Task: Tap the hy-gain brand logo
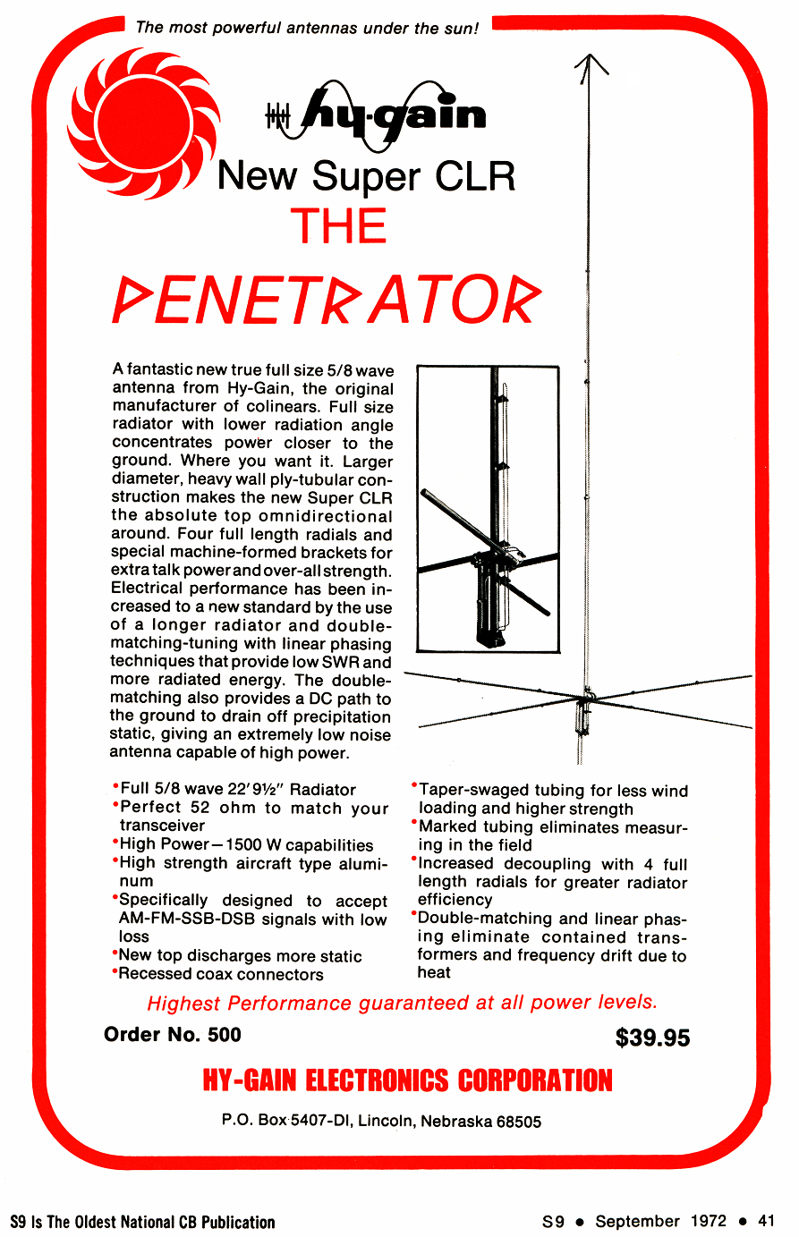(x=376, y=114)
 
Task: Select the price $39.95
(x=652, y=1038)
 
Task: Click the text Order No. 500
(x=173, y=1035)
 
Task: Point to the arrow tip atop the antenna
(x=590, y=60)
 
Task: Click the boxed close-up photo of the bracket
(x=488, y=508)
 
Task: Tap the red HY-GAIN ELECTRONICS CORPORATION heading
(x=407, y=1080)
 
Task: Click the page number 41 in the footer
(x=766, y=1221)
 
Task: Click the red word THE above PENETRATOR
(x=338, y=226)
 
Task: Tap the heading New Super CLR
(x=366, y=175)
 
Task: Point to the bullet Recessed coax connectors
(x=220, y=974)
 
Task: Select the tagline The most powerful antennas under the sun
(x=307, y=28)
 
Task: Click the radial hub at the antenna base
(x=587, y=696)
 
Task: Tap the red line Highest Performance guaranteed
(x=402, y=1003)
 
